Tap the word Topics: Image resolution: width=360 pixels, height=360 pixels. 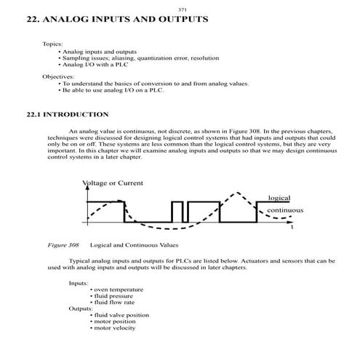52,44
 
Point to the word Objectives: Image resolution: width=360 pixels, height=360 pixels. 58,76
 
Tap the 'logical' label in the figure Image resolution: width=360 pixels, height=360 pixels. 279,198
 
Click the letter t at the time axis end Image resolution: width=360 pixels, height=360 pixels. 292,227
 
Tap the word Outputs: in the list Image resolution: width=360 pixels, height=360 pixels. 81,308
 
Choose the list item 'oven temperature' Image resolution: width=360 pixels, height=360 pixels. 119,289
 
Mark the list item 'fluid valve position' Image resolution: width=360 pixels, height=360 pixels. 121,315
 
